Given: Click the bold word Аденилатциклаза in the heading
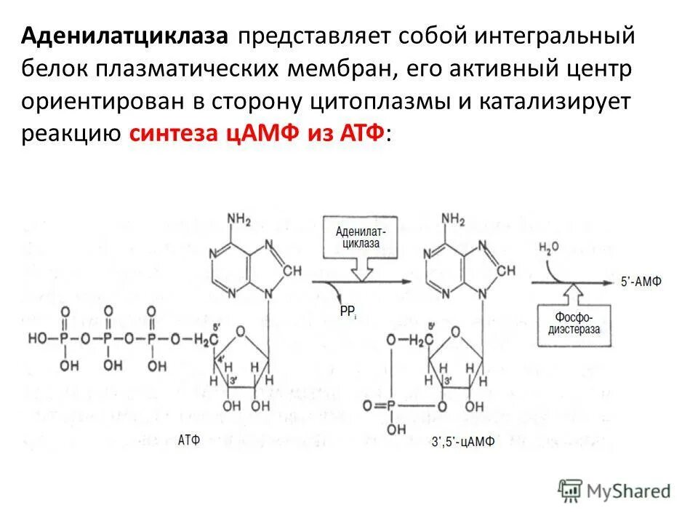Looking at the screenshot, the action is (125, 36).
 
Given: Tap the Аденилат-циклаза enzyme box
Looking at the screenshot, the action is (361, 237).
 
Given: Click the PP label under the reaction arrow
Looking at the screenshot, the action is (347, 311).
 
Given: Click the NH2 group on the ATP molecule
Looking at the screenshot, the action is (239, 219).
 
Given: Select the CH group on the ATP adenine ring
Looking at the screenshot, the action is (292, 270).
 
